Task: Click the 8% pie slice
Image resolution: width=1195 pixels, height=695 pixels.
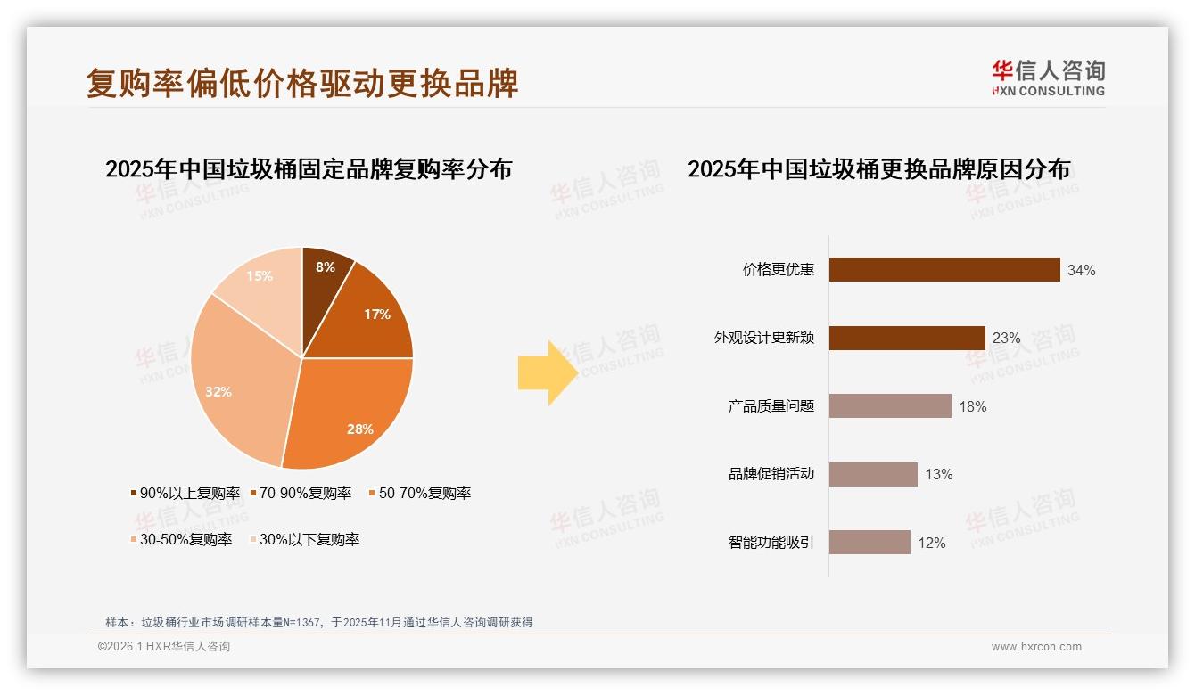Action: click(325, 272)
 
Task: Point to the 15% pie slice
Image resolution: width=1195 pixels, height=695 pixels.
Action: click(259, 281)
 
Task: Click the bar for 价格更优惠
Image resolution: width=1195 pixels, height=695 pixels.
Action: click(944, 270)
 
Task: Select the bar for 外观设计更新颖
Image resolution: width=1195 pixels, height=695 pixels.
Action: click(907, 339)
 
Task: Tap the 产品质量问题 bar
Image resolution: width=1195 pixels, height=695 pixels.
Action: click(890, 406)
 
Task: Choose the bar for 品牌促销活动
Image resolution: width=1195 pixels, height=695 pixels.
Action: click(873, 474)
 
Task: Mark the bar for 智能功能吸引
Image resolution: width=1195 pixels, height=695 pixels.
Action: click(869, 543)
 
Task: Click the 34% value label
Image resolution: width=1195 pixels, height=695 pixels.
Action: click(1081, 270)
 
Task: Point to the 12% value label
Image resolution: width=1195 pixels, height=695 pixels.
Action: click(931, 543)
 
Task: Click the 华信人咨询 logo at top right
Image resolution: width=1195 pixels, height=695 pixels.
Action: click(1048, 78)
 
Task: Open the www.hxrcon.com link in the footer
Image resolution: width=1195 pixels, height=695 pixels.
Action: click(1036, 647)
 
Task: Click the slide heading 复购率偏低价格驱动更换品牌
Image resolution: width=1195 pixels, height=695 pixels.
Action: click(302, 83)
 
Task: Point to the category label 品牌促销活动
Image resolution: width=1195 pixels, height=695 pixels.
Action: click(771, 474)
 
